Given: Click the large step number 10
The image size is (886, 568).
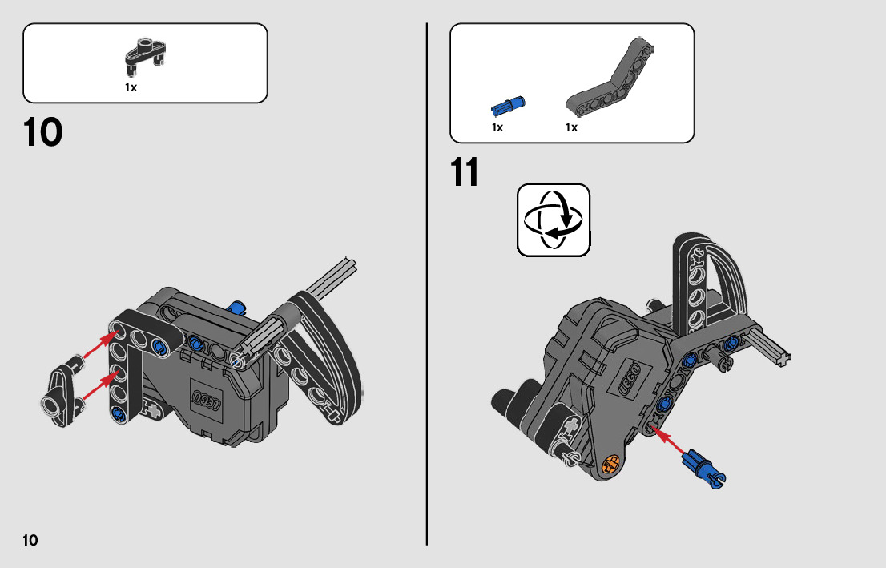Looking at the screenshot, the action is click(x=43, y=132).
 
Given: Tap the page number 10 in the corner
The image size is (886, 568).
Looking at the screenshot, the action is click(x=30, y=540).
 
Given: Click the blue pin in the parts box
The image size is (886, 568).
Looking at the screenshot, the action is click(x=508, y=105).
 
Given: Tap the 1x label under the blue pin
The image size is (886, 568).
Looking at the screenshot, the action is click(x=497, y=127).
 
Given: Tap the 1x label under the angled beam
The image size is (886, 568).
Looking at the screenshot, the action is click(x=571, y=127).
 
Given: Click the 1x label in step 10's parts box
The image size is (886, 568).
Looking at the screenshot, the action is click(x=131, y=87).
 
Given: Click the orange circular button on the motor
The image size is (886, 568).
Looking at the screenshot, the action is click(x=610, y=463).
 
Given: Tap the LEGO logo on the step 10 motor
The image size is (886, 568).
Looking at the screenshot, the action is click(x=206, y=401).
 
